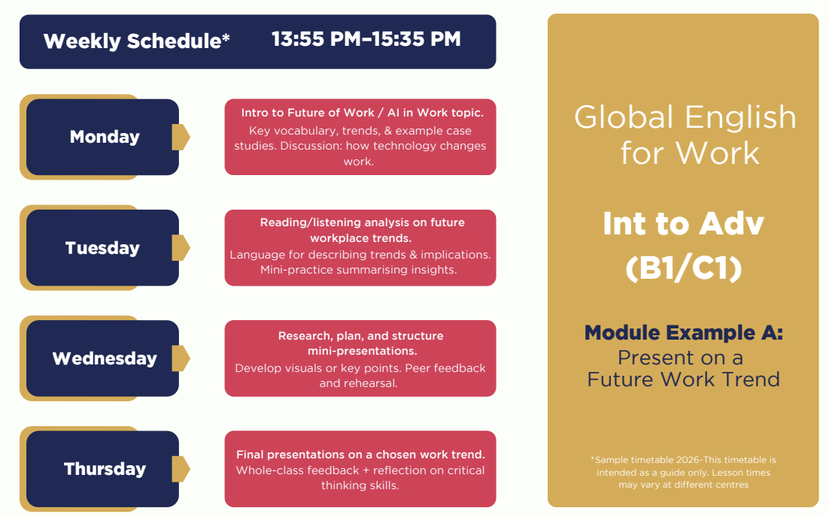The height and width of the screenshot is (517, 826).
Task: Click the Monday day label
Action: [x=105, y=137]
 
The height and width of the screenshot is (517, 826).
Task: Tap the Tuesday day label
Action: [x=102, y=248]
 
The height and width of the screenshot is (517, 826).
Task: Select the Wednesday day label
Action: [x=105, y=358]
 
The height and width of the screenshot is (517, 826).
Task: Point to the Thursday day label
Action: [x=105, y=469]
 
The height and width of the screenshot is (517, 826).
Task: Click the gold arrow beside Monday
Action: [x=181, y=137]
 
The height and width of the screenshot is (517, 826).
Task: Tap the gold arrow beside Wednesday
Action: [x=181, y=358]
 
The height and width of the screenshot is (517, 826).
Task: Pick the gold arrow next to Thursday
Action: [x=181, y=469]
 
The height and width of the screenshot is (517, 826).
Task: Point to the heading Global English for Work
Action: [x=685, y=135]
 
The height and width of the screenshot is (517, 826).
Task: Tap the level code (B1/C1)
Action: [x=683, y=268]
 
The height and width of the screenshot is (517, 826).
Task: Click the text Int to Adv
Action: [x=683, y=224]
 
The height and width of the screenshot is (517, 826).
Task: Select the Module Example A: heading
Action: [x=683, y=333]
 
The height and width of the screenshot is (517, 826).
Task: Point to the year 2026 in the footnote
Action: [x=688, y=460]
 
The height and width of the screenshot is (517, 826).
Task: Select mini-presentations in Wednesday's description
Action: [x=363, y=351]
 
